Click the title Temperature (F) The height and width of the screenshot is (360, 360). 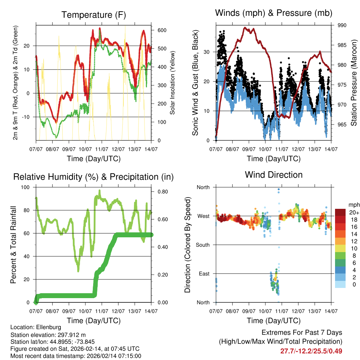[94, 15]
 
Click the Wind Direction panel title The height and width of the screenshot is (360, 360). [274, 175]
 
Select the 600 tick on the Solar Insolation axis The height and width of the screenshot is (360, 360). [162, 30]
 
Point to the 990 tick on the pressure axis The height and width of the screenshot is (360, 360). [342, 25]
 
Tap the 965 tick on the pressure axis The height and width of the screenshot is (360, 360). [342, 124]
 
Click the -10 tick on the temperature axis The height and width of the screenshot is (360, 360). [29, 117]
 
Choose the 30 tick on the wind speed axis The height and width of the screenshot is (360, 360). [207, 52]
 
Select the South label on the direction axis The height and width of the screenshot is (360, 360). [203, 245]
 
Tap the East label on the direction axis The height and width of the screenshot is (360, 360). [204, 274]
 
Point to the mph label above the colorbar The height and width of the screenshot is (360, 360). [353, 205]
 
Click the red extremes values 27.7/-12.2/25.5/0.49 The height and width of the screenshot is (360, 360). [311, 351]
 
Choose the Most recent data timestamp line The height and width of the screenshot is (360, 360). [76, 356]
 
